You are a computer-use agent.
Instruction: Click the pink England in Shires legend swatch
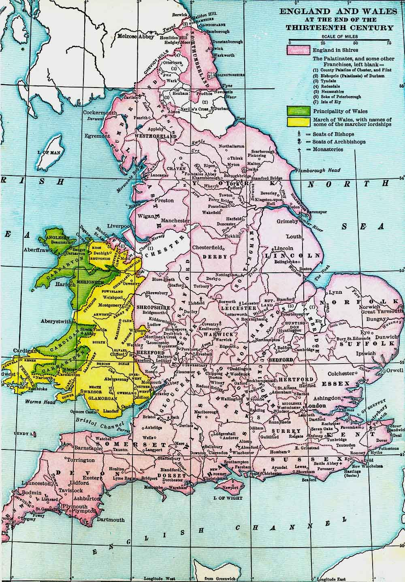[298, 50]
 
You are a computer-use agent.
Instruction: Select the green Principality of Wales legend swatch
[298, 111]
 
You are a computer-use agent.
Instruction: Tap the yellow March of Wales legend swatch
[298, 122]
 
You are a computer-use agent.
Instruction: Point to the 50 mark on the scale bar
[355, 43]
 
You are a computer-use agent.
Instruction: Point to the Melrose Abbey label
[135, 36]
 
